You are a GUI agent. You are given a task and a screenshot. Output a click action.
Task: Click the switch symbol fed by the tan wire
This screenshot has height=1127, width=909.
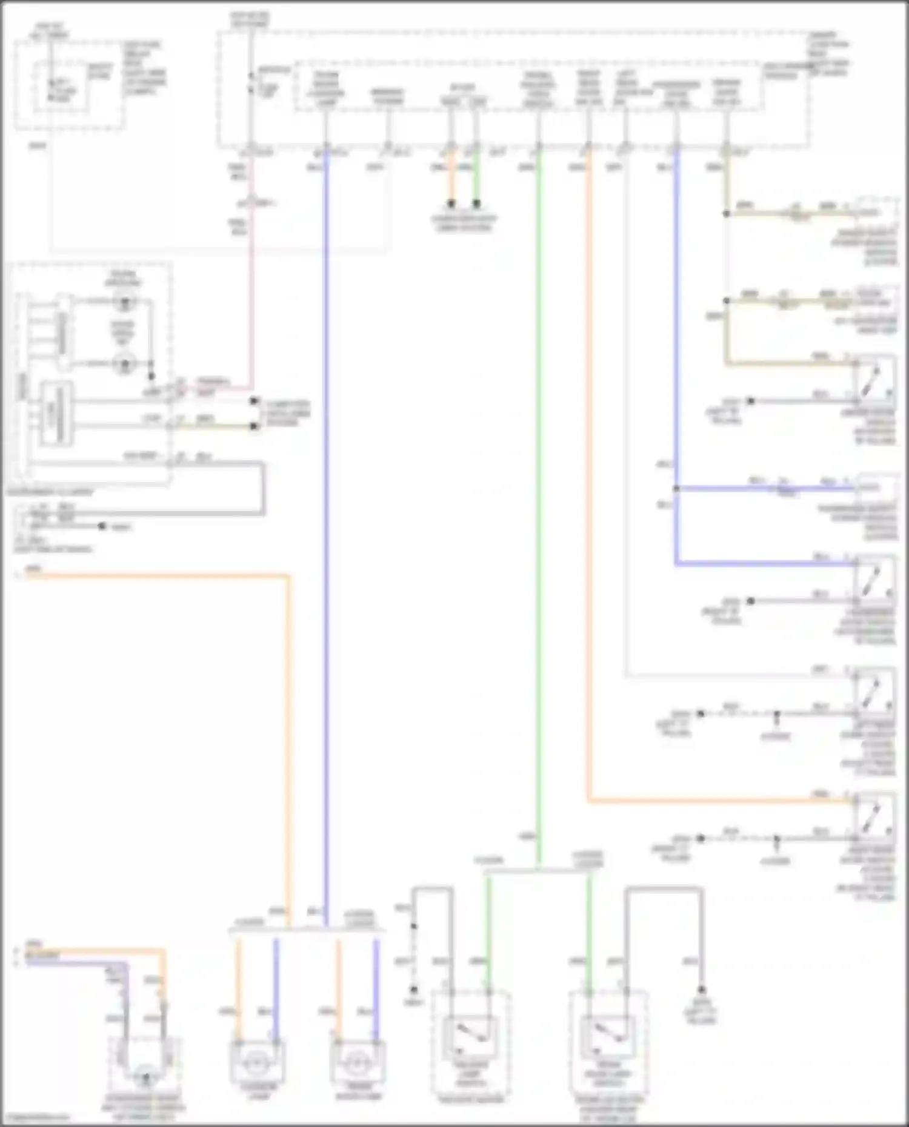tap(874, 380)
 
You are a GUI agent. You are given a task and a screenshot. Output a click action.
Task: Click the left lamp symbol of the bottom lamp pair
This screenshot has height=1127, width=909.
tap(258, 1062)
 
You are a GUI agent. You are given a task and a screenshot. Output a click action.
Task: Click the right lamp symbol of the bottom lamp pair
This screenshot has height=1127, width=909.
tap(358, 1062)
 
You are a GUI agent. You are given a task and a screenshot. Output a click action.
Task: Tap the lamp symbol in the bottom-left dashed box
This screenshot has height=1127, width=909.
tap(144, 1077)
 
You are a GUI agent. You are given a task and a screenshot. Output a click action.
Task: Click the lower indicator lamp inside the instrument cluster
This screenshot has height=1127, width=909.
tap(125, 364)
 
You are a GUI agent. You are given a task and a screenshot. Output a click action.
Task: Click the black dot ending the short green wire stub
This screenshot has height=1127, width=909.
tap(476, 204)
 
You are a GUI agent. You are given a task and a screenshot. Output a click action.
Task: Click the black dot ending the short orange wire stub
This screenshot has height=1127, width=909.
tap(451, 204)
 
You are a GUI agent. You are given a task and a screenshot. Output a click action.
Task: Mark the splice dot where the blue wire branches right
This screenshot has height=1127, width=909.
tap(675, 488)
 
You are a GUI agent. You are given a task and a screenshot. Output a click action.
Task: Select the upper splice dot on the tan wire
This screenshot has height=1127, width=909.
tap(726, 214)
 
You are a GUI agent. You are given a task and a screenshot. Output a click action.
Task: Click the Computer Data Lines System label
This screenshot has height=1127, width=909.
tap(286, 413)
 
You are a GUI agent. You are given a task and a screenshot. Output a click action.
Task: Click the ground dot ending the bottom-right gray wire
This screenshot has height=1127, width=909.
tap(701, 990)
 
